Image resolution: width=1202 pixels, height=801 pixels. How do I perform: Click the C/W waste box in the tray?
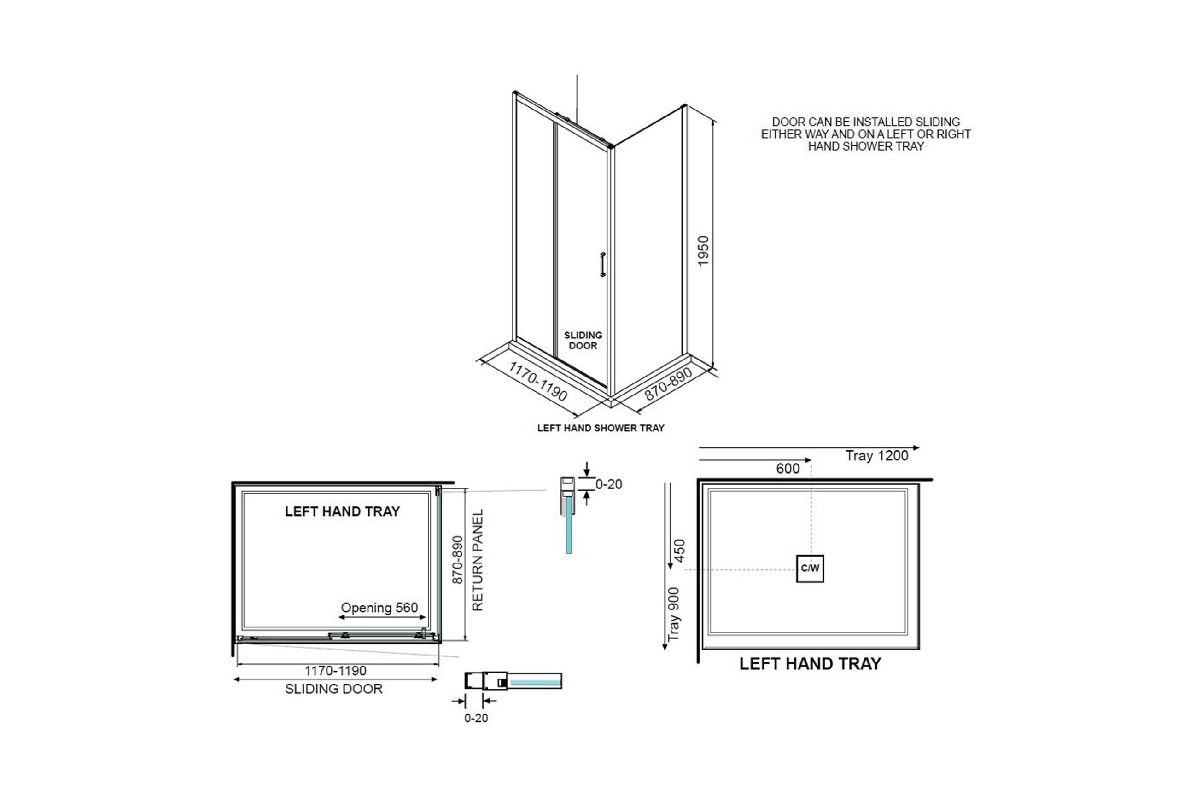point(810,569)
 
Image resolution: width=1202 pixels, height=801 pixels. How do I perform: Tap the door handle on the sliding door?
point(603,264)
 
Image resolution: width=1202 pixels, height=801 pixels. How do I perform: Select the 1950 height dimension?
point(703,251)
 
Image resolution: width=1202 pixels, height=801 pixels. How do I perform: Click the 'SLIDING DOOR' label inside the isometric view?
point(583,340)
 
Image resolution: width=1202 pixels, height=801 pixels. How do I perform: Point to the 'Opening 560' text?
point(379,608)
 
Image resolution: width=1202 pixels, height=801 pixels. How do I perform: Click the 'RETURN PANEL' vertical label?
point(477,560)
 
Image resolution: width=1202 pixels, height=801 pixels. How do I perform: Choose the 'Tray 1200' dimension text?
point(877,456)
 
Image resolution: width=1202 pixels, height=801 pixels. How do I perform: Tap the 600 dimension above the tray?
point(788,469)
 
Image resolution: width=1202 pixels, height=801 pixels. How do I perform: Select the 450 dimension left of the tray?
point(679,551)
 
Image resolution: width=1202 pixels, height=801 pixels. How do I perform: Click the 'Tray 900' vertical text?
point(674,615)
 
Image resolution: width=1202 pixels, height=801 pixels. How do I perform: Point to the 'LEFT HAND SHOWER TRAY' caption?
point(601,428)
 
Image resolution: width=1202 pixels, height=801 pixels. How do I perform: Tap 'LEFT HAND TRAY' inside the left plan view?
point(342,511)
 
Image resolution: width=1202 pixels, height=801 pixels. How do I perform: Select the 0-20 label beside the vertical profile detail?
point(609,484)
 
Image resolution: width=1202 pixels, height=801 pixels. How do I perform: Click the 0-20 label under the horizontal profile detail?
point(476,718)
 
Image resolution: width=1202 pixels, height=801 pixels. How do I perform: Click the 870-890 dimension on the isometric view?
point(668,383)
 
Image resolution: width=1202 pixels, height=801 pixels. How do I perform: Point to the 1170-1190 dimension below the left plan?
point(336,671)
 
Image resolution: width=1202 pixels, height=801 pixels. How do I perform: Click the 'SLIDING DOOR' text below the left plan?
point(334,689)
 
